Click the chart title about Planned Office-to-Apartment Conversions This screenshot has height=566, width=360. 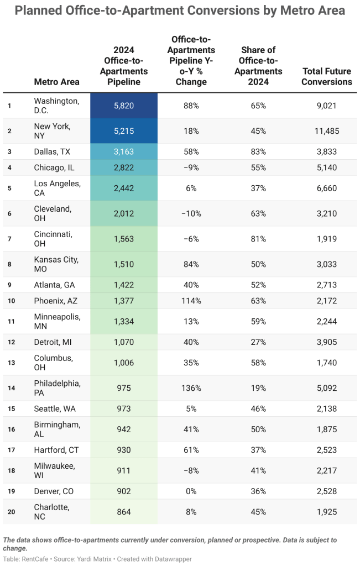pyautogui.click(x=180, y=11)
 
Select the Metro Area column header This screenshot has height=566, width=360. pyautogui.click(x=56, y=82)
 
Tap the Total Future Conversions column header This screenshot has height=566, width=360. pyautogui.click(x=327, y=76)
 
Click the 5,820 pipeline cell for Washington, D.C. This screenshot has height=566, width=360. pyautogui.click(x=124, y=106)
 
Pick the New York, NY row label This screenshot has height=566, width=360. pyautogui.click(x=53, y=131)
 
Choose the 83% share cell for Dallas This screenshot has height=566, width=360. pyautogui.click(x=258, y=151)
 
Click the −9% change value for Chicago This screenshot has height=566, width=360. pyautogui.click(x=191, y=167)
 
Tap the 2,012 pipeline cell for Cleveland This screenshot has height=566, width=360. pyautogui.click(x=124, y=213)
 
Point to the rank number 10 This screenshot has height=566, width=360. pyautogui.click(x=11, y=301)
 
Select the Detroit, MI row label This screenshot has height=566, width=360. pyautogui.click(x=53, y=342)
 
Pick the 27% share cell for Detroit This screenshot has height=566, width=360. pyautogui.click(x=258, y=342)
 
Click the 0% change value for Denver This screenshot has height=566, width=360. pyautogui.click(x=191, y=491)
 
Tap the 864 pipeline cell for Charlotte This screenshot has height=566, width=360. pyautogui.click(x=124, y=512)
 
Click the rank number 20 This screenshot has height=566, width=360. pyautogui.click(x=11, y=512)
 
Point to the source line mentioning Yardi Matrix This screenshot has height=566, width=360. pyautogui.click(x=97, y=559)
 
